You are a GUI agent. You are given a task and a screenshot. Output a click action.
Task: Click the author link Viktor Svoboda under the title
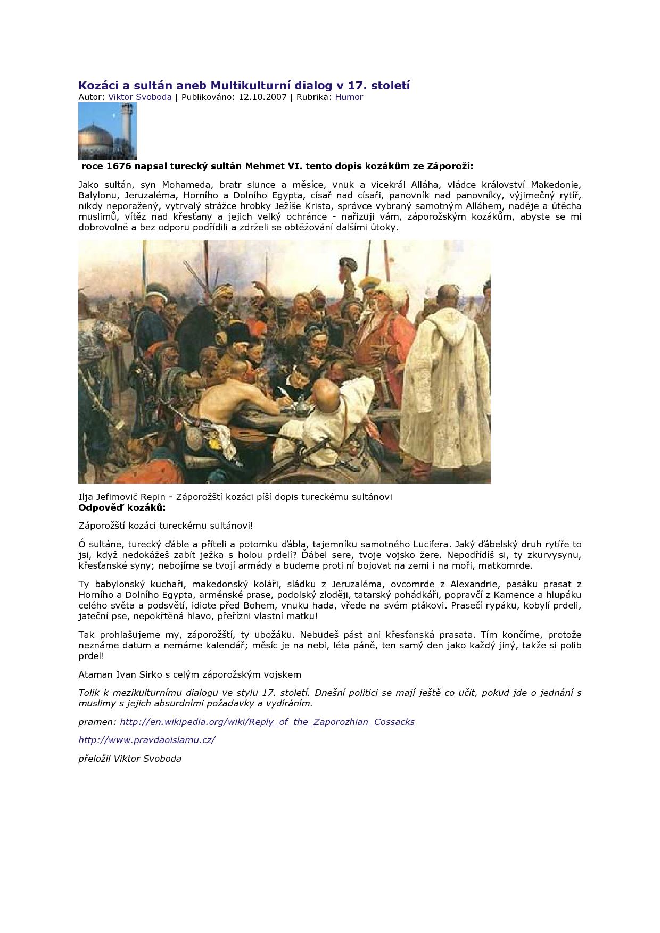(140, 97)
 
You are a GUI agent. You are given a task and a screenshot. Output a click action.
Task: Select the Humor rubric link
(349, 97)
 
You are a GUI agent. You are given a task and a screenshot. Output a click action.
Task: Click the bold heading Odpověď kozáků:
(114, 507)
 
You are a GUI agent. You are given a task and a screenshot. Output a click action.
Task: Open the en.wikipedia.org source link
(267, 722)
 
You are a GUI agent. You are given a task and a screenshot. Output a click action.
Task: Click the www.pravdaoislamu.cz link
(147, 740)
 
